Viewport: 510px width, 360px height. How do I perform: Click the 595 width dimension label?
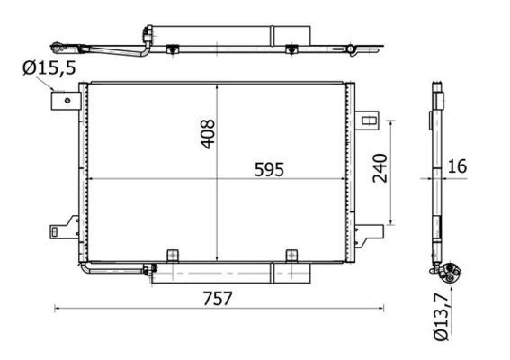click(x=267, y=168)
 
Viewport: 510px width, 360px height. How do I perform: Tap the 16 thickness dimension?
click(x=458, y=166)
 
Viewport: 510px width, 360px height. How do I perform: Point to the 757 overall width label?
click(x=217, y=298)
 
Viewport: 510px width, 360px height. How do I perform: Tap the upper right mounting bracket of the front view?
click(x=368, y=119)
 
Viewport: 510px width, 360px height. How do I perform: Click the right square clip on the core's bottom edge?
click(x=291, y=256)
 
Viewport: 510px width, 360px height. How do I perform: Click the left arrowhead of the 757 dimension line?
click(x=58, y=309)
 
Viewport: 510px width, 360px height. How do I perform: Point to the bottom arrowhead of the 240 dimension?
click(x=392, y=221)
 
